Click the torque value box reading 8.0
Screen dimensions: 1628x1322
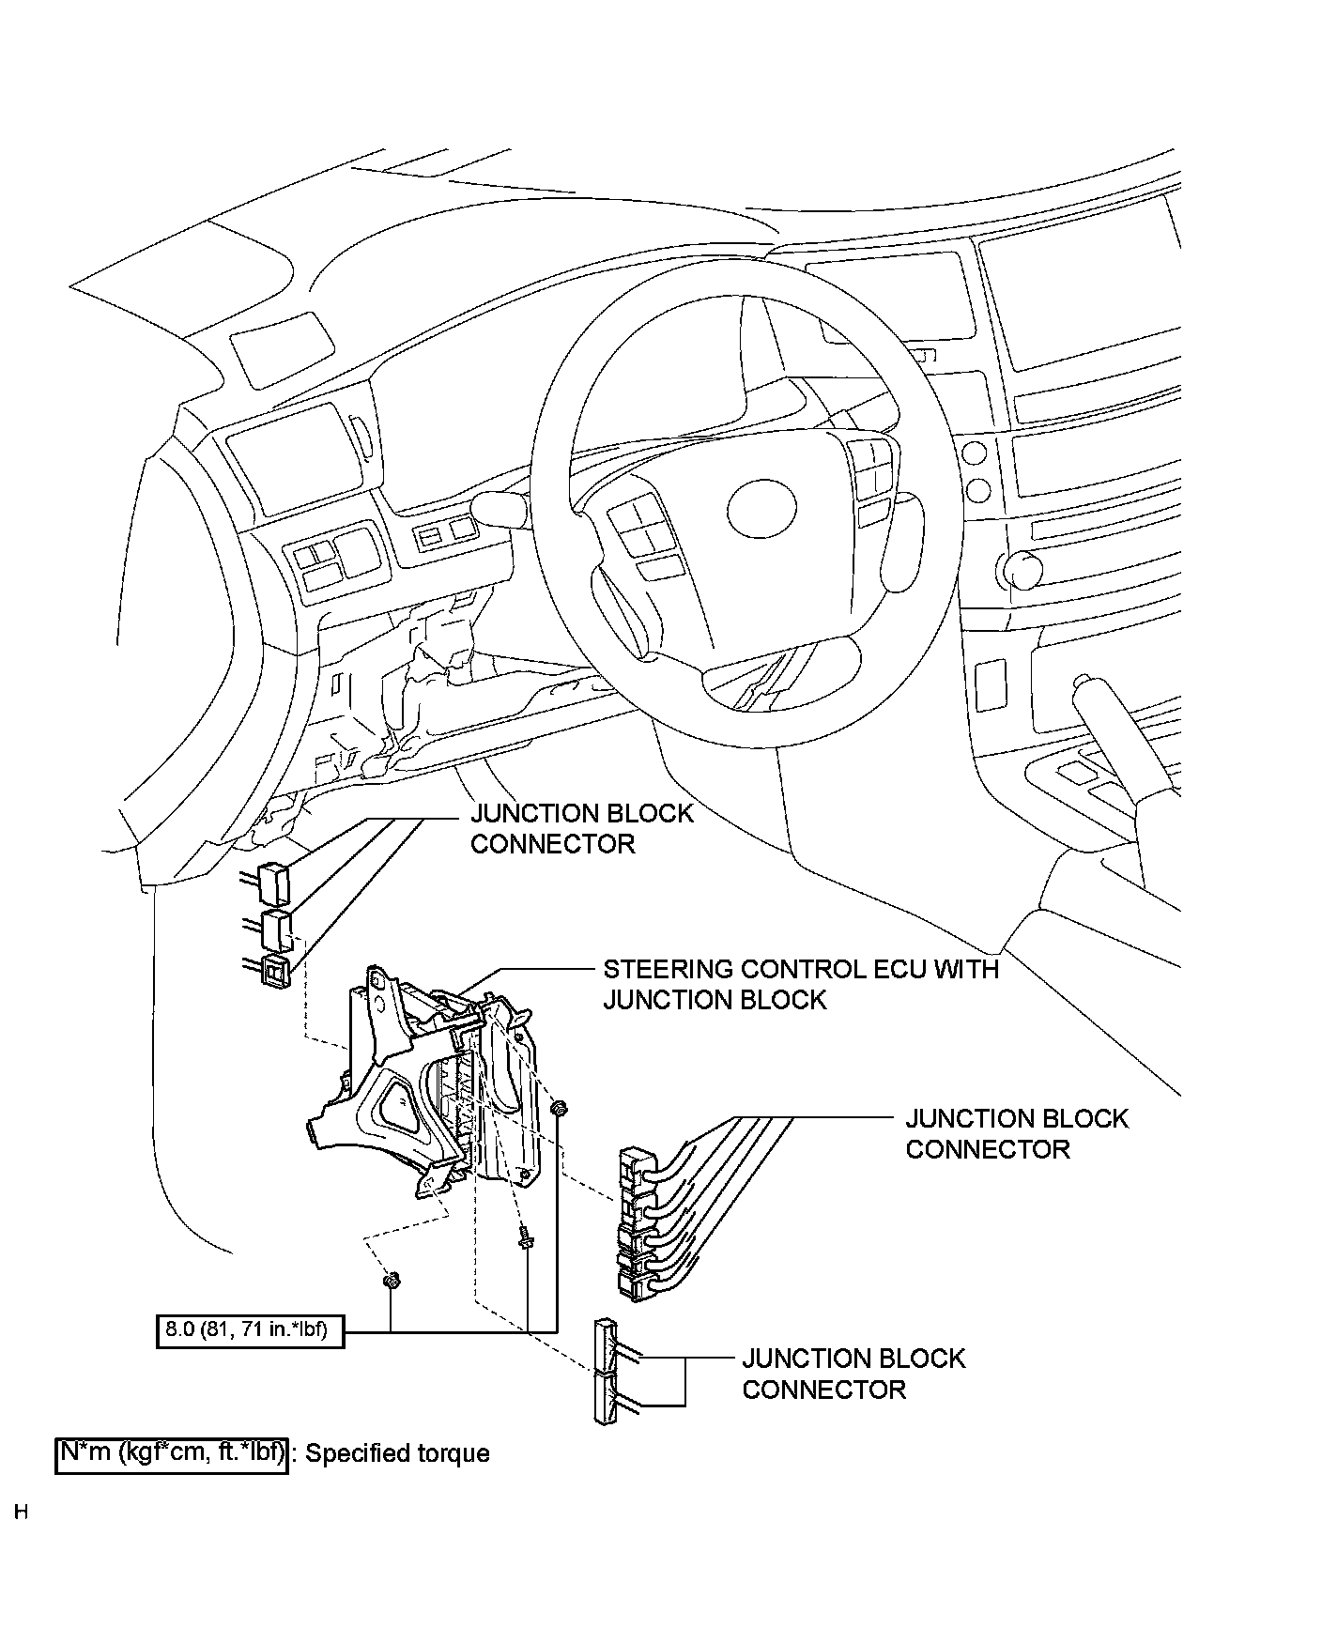click(250, 1329)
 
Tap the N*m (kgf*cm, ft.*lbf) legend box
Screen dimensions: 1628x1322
click(171, 1453)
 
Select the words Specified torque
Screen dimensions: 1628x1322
click(398, 1454)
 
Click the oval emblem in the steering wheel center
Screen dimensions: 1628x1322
click(762, 510)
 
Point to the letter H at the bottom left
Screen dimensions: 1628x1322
click(22, 1513)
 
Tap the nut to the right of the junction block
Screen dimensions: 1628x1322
click(559, 1109)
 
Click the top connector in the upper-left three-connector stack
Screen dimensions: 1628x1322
click(273, 881)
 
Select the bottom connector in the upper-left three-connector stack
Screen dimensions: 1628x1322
click(276, 973)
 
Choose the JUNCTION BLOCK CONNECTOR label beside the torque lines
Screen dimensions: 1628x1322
click(853, 1374)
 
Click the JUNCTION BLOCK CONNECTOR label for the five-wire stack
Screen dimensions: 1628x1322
click(1016, 1133)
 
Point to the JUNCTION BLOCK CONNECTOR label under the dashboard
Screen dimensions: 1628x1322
click(581, 828)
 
